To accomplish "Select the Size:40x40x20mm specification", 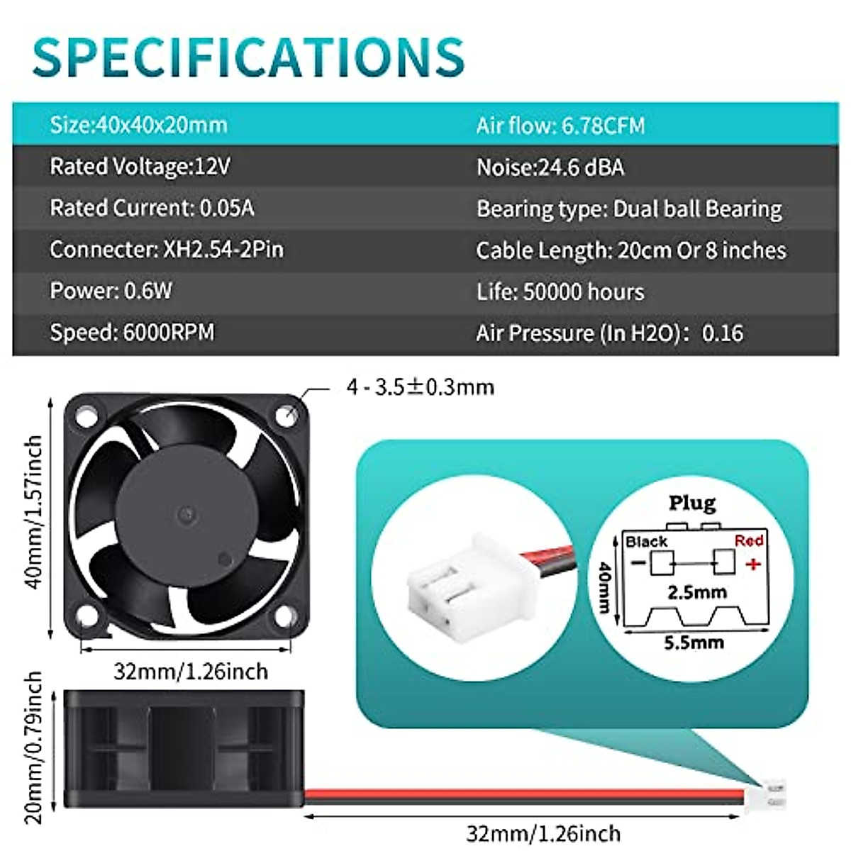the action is point(138,125).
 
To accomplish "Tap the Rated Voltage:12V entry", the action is point(140,167).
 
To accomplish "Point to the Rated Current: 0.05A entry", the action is point(152,208).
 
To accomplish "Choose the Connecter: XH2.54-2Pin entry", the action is point(167,249).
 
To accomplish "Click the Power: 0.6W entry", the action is point(111,291).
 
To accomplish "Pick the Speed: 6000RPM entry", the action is point(132,332).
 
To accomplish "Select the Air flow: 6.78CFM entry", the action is point(560,126).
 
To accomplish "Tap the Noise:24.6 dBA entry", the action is point(550,167).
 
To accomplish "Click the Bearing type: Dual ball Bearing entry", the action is point(629,208).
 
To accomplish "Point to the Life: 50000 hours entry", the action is point(560,291).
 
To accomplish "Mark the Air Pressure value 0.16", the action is point(723,333).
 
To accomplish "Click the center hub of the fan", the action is point(187,512).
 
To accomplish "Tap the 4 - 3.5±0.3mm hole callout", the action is point(420,387).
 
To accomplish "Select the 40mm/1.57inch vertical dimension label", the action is point(33,511).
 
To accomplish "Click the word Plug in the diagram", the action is point(692,503).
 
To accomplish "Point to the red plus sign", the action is point(753,564).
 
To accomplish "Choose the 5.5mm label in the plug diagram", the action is point(694,643).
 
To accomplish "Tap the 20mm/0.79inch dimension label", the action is point(33,747).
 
